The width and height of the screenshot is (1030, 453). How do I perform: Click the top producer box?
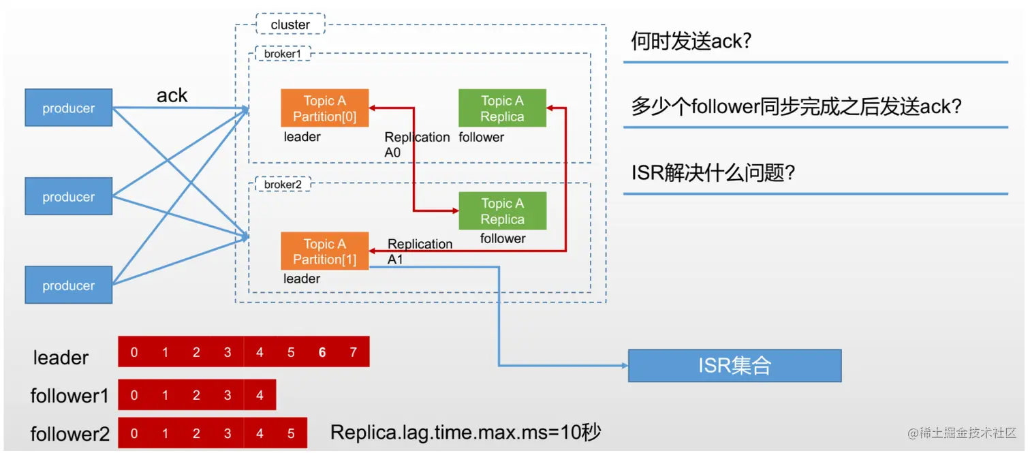click(x=68, y=108)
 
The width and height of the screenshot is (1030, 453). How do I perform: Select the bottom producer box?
click(x=68, y=285)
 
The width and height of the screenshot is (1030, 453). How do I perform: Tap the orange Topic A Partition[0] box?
click(x=324, y=108)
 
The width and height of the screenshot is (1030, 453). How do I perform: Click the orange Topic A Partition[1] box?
click(x=324, y=251)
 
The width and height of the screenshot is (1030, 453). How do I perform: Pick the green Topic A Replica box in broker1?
click(x=502, y=108)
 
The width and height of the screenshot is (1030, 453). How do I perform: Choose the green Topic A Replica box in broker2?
click(x=502, y=211)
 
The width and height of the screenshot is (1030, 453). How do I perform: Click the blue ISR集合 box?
click(x=734, y=366)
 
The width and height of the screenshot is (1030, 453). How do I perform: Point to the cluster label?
click(x=290, y=25)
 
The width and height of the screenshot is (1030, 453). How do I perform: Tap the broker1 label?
click(x=283, y=53)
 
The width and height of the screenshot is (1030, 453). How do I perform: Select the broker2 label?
click(x=283, y=185)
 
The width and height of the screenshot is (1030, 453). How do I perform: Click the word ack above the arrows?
click(x=172, y=96)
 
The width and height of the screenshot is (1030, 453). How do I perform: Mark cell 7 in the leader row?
click(x=353, y=352)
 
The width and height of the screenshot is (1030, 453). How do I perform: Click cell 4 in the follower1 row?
click(x=260, y=395)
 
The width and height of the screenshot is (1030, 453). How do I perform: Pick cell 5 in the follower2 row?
click(x=291, y=433)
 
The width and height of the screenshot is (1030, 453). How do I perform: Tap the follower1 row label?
click(x=69, y=396)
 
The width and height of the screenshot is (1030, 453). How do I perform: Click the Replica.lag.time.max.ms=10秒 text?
click(x=465, y=433)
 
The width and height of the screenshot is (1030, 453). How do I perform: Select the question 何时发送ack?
click(x=691, y=42)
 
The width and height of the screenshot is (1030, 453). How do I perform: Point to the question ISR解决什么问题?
click(x=713, y=172)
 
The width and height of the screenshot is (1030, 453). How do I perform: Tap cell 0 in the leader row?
click(x=134, y=352)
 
